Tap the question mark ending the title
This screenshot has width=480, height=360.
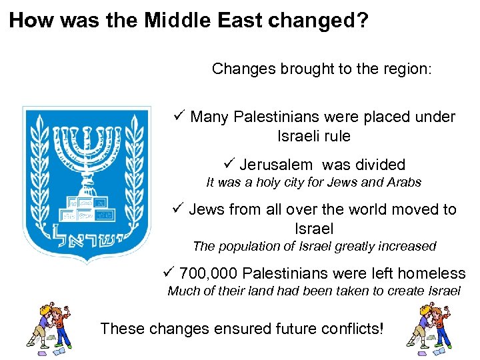pos(362,20)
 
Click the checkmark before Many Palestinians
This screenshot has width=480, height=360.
pos(178,116)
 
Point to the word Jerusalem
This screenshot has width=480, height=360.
pos(275,165)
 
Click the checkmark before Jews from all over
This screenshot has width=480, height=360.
pos(177,209)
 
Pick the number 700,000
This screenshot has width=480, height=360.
pos(208,273)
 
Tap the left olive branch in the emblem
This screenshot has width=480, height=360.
pos(41,173)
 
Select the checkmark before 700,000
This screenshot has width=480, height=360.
pos(169,273)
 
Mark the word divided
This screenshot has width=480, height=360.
pos(379,165)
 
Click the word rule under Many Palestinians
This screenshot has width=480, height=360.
pos(337,137)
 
